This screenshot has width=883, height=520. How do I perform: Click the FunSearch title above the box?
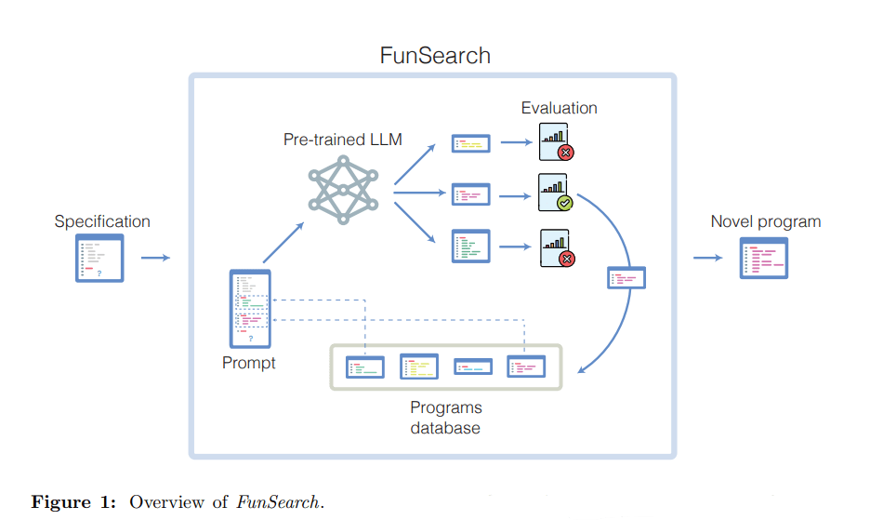(x=435, y=55)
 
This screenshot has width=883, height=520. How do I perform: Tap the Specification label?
(x=102, y=221)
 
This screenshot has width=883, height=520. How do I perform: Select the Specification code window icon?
(x=99, y=258)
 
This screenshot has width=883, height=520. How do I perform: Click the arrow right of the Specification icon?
(x=155, y=258)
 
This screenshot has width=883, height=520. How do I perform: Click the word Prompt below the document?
(x=249, y=363)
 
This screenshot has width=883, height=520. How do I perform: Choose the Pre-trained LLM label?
(x=343, y=140)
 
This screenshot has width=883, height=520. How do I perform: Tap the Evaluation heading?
(x=559, y=108)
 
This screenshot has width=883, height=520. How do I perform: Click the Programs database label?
(x=446, y=418)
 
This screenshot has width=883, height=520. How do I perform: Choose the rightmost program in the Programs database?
(x=526, y=367)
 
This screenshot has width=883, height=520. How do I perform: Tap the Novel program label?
(x=766, y=221)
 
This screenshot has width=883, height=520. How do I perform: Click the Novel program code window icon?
(x=763, y=258)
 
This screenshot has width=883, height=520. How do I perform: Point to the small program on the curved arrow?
(x=626, y=277)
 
